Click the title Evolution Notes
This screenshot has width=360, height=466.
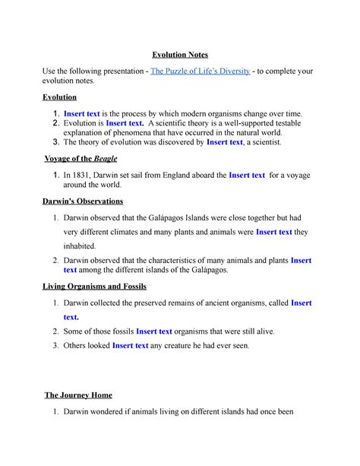(179, 54)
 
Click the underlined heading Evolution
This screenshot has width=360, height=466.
(63, 97)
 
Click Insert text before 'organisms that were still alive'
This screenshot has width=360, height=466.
(154, 331)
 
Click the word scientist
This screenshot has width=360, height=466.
(263, 141)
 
